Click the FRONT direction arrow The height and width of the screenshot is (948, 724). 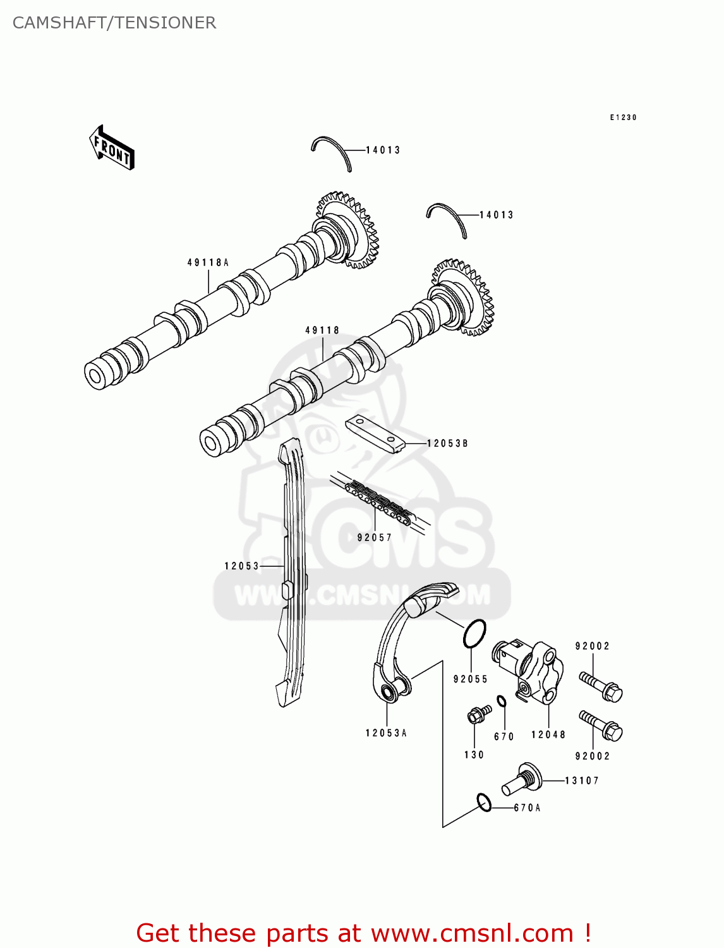pyautogui.click(x=112, y=147)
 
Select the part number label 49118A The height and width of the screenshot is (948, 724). pyautogui.click(x=208, y=262)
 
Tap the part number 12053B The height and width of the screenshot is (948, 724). pyautogui.click(x=447, y=444)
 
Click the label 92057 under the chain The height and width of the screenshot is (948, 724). pyautogui.click(x=375, y=538)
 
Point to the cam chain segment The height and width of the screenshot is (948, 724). pyautogui.click(x=379, y=501)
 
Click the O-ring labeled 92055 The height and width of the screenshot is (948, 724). pyautogui.click(x=474, y=633)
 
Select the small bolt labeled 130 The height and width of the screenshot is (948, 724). pyautogui.click(x=479, y=715)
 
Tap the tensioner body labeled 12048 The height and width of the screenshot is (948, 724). pyautogui.click(x=531, y=672)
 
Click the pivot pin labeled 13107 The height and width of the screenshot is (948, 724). pyautogui.click(x=523, y=779)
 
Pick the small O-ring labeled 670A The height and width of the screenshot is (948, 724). pyautogui.click(x=484, y=803)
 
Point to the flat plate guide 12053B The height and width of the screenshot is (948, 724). pyautogui.click(x=375, y=433)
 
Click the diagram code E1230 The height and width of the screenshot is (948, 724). pyautogui.click(x=623, y=118)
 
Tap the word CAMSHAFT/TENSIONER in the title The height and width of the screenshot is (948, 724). pyautogui.click(x=114, y=23)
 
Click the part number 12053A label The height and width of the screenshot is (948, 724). pyautogui.click(x=386, y=733)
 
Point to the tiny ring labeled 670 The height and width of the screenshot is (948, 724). pyautogui.click(x=501, y=701)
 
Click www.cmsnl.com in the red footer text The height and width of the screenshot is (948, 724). pyautogui.click(x=472, y=933)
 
